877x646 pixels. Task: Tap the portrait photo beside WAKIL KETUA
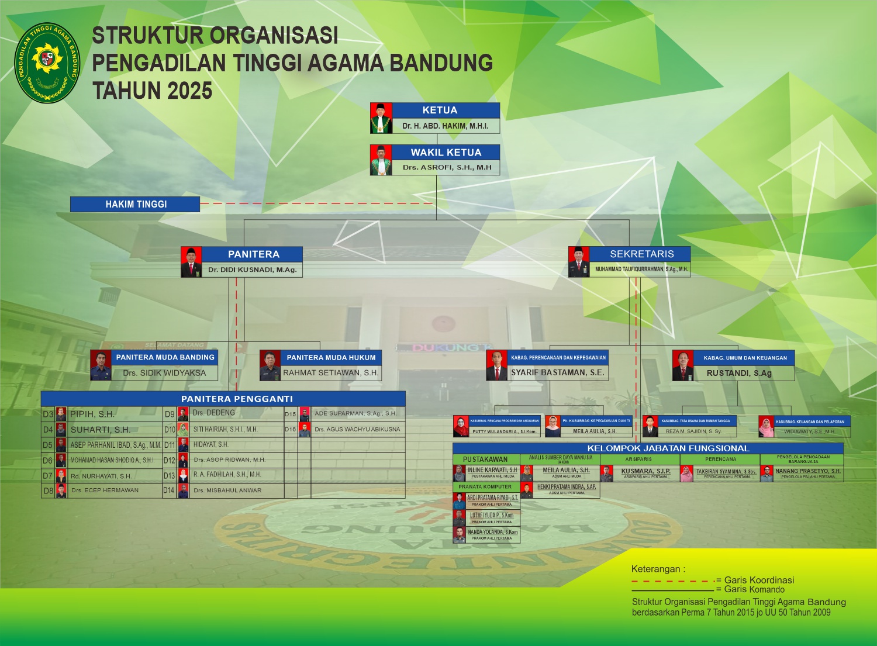381,160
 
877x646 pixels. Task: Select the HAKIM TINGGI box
135,204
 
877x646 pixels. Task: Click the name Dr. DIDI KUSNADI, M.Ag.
253,270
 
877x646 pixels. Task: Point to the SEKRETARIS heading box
641,254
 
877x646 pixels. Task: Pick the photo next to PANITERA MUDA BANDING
101,365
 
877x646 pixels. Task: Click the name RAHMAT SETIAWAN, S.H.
331,373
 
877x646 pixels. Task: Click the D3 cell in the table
48,414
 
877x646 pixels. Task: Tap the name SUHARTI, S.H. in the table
100,430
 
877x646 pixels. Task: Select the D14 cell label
169,490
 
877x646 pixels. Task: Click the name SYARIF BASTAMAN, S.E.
557,372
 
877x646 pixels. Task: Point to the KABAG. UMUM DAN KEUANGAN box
744,358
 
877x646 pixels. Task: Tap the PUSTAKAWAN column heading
485,460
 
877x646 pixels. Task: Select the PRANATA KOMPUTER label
485,487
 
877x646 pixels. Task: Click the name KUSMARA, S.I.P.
645,471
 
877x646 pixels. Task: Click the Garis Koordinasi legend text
759,580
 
